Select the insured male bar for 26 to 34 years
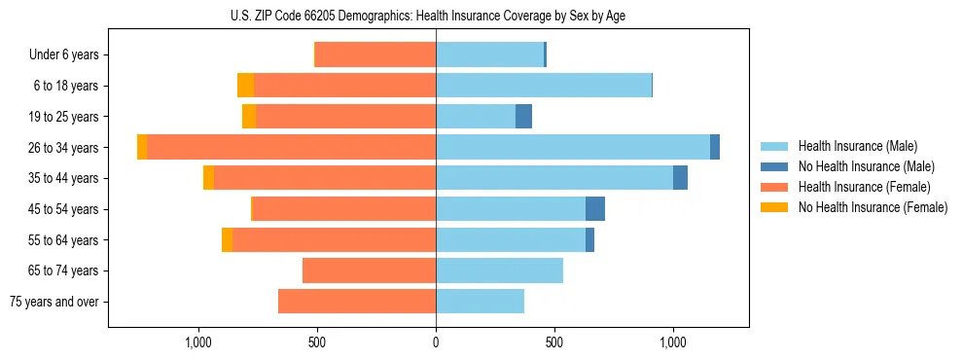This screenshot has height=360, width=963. coord(573,147)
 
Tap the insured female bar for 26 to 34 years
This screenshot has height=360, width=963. coord(291,147)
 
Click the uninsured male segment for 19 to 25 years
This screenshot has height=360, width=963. coord(523,117)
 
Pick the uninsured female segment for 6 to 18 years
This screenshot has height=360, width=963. coord(245,86)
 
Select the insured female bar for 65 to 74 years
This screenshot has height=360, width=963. coord(369,270)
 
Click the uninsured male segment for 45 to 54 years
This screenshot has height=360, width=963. coord(595,209)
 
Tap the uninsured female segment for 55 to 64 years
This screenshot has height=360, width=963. coord(227,240)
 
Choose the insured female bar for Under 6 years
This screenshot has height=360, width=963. coord(375,54)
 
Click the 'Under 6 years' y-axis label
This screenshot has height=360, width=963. coord(63,54)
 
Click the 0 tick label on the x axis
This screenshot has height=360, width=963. coord(436,342)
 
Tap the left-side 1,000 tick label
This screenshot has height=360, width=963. coord(198,342)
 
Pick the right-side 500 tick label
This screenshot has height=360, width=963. coord(554,342)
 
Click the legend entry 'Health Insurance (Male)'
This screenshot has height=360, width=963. coord(857,146)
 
